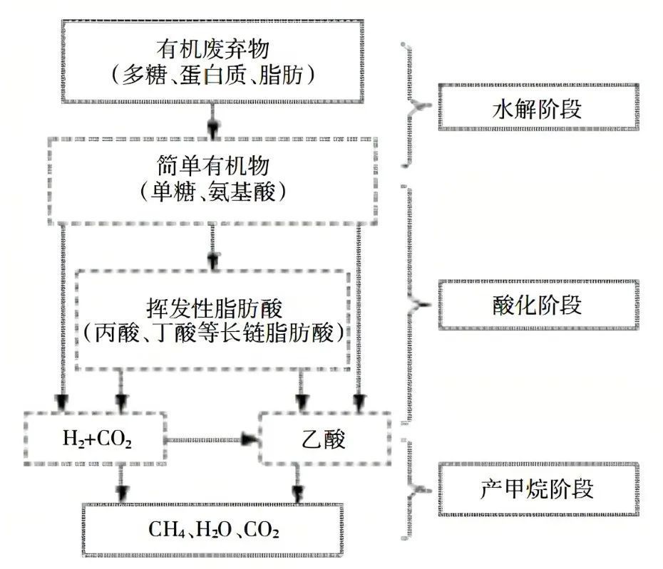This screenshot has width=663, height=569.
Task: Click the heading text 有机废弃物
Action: pos(212,49)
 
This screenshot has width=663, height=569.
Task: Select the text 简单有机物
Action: pos(212,165)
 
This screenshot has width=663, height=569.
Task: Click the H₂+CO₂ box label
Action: pos(97,439)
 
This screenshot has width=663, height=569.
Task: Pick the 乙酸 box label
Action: pos(324,439)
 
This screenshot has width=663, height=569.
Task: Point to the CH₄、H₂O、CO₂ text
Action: pos(214,530)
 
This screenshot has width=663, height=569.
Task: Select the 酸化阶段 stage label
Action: pos(537,305)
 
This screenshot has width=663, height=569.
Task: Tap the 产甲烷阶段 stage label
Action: pos(537,489)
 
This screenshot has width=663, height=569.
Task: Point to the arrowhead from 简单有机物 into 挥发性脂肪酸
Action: pos(213,261)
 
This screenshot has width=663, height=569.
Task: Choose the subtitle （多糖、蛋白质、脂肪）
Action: pos(212,75)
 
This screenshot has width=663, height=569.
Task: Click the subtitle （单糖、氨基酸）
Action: pos(212,192)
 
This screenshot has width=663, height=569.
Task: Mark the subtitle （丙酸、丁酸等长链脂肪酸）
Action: pos(215,333)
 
